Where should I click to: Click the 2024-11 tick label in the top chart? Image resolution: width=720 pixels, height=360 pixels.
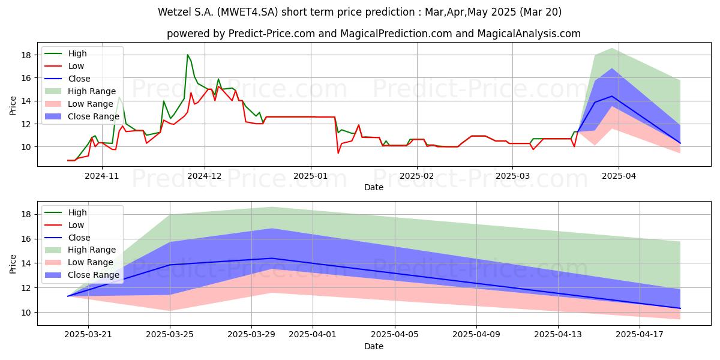101,176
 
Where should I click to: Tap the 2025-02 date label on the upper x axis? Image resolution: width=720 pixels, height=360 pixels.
417,176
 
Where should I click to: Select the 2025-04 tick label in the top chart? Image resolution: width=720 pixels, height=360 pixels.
619,176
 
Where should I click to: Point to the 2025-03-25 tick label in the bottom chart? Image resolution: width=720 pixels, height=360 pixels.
170,335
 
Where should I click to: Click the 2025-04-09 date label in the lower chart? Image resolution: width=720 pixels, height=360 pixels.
476,335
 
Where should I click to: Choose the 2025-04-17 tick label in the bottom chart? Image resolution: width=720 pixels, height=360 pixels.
640,335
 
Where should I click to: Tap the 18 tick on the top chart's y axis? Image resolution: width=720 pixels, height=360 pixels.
26,55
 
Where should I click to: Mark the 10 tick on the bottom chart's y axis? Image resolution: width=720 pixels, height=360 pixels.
26,313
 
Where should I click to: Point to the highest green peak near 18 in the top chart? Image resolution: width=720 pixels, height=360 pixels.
188,55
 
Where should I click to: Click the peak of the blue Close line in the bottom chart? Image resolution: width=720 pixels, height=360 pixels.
272,258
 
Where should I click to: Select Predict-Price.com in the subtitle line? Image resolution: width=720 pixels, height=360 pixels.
272,34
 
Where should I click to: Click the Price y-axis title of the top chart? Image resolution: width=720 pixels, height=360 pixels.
13,106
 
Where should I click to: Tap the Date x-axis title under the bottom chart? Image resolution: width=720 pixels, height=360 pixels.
373,346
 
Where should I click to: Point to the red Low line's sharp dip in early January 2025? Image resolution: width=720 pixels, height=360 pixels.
338,153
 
